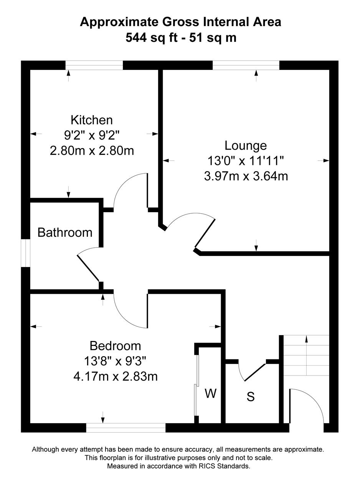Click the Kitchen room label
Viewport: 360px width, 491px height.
coord(92,120)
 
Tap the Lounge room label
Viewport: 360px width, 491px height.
coord(246,146)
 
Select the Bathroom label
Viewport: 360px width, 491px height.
coord(65,232)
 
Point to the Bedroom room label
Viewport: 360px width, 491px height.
coord(115,346)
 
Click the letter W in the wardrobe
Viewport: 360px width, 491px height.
coord(210,393)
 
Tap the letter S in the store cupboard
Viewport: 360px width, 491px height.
coord(251,396)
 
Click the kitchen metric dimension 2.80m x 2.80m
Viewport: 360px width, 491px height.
coord(92,151)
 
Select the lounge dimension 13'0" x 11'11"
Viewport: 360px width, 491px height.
coord(246,161)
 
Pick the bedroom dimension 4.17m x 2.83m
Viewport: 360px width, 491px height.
coord(116,377)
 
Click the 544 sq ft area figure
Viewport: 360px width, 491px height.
coord(152,38)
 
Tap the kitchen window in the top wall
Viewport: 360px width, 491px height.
coord(94,65)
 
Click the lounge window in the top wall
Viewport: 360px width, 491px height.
coord(246,65)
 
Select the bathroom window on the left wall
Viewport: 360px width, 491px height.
coord(26,253)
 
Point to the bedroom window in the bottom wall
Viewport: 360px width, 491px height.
coord(126,428)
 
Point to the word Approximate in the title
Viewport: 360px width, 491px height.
coord(119,23)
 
